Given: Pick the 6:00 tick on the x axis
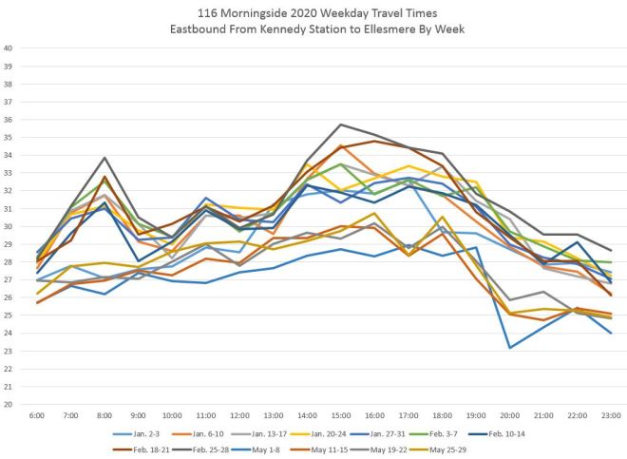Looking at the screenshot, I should (37, 416).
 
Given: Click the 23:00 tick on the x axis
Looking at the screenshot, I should (610, 416).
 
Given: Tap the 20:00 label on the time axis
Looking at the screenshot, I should (509, 416).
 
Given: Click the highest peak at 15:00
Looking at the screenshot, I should (340, 124).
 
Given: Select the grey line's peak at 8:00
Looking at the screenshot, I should (104, 158).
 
